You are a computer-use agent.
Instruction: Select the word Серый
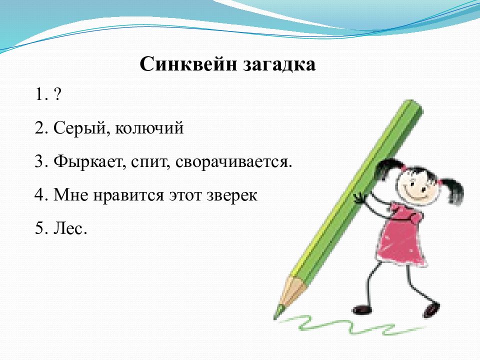[x=78, y=129]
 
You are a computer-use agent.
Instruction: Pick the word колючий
[x=149, y=129]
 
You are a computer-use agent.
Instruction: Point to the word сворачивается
[x=233, y=162]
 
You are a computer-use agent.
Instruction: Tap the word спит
[x=152, y=162]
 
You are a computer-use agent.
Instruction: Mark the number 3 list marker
[x=40, y=162]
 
